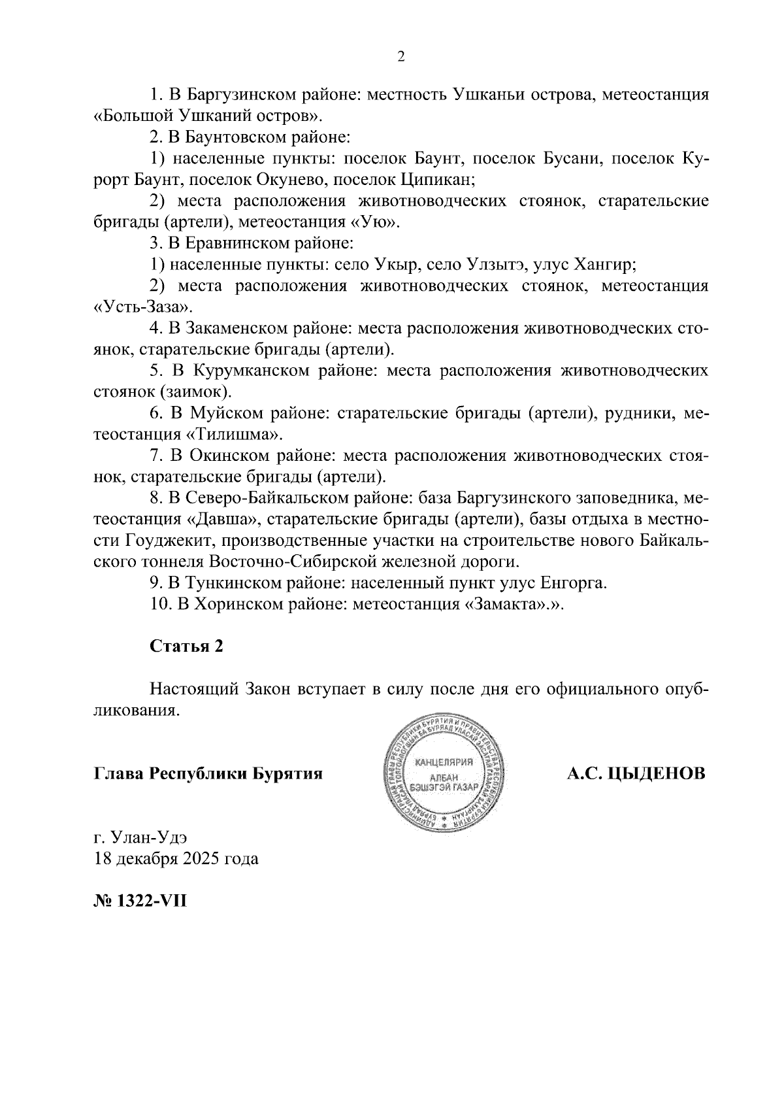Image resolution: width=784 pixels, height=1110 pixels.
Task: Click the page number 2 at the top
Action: (x=401, y=57)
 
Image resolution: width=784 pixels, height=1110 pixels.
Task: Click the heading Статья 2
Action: (x=186, y=646)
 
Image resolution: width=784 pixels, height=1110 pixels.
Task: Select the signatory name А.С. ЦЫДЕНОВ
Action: (x=636, y=774)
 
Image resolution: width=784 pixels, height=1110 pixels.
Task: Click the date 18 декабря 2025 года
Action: (x=176, y=858)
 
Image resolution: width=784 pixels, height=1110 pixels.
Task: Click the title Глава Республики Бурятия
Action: (x=208, y=774)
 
